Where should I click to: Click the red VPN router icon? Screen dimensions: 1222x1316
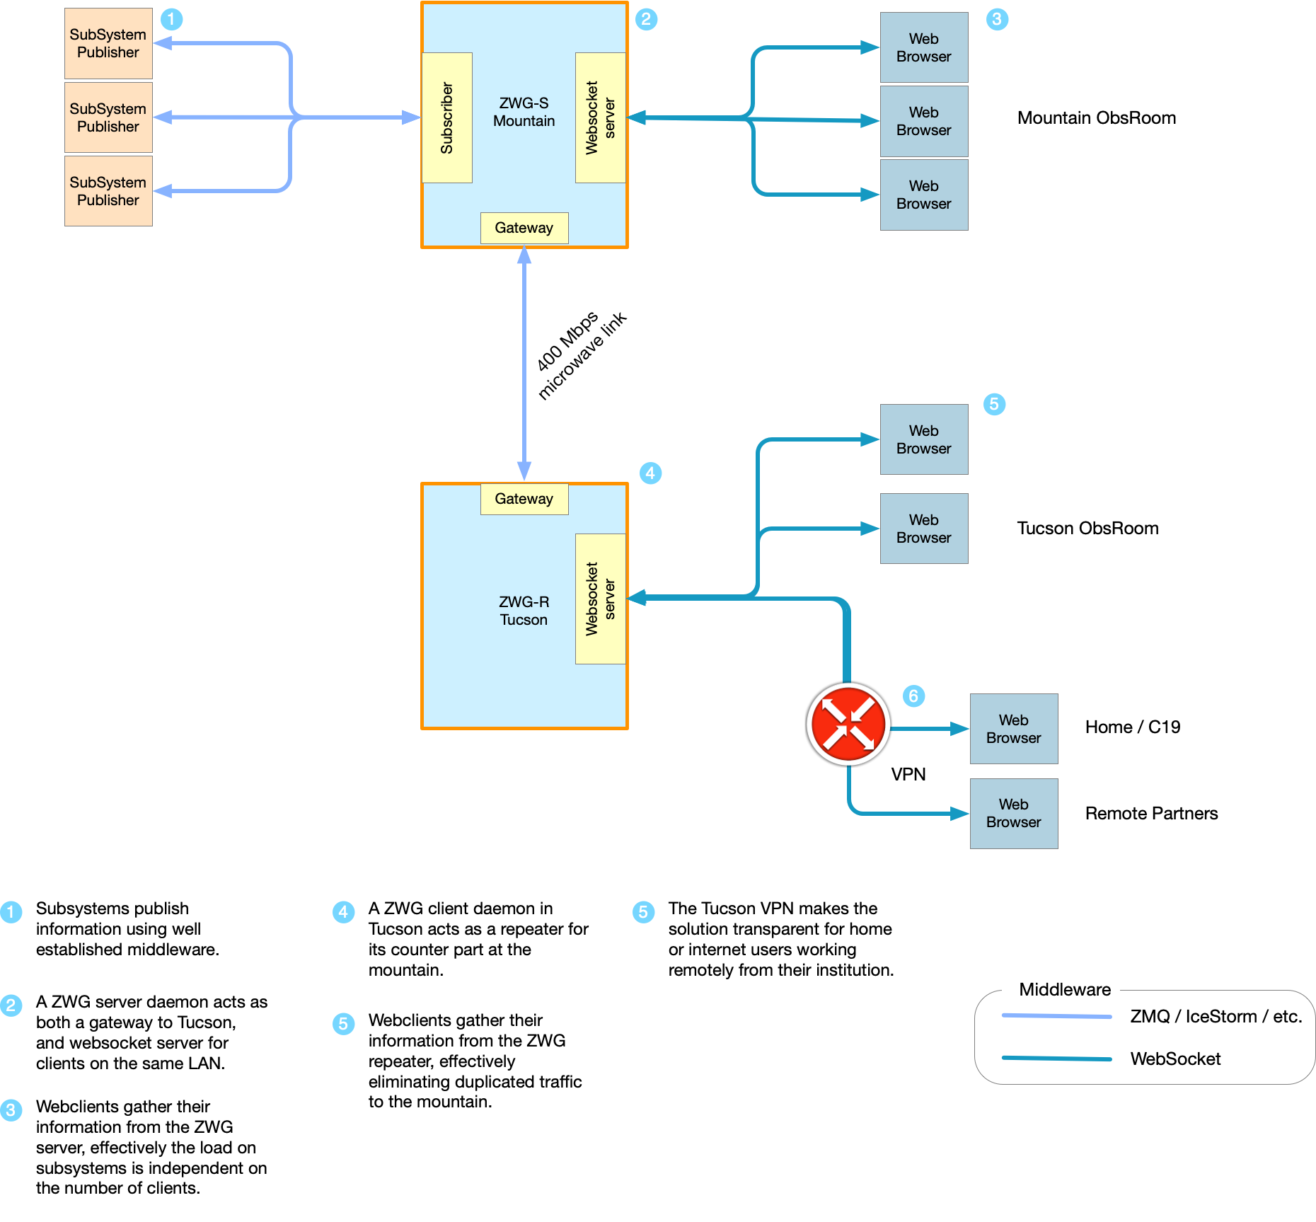(848, 724)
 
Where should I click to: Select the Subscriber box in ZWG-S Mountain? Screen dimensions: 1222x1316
(446, 117)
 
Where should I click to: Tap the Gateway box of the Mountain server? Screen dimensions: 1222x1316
(524, 228)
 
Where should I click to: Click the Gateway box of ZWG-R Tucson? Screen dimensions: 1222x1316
(524, 499)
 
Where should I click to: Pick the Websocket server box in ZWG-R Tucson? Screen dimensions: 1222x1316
(600, 599)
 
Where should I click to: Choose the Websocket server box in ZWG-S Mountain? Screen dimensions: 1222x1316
(600, 117)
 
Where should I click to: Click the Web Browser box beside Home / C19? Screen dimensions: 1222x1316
(1013, 729)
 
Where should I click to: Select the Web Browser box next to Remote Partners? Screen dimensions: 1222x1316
(1013, 814)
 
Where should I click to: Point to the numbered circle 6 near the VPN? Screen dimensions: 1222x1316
(913, 696)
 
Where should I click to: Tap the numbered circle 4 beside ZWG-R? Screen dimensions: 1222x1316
(650, 473)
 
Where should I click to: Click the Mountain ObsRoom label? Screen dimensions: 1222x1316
(1096, 118)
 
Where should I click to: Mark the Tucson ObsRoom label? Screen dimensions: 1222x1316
(1087, 529)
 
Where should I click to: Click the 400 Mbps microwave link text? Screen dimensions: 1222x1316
(580, 355)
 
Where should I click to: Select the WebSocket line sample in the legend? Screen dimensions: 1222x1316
(1056, 1059)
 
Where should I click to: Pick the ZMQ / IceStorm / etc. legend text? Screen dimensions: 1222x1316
(1216, 1017)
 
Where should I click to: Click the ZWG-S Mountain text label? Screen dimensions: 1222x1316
(524, 112)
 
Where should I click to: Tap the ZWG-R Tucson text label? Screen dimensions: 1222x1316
(524, 611)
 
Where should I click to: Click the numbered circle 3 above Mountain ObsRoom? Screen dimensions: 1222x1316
(997, 19)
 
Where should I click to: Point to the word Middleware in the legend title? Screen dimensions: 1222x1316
(1064, 990)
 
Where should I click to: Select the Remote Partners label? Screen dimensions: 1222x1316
(1151, 814)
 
